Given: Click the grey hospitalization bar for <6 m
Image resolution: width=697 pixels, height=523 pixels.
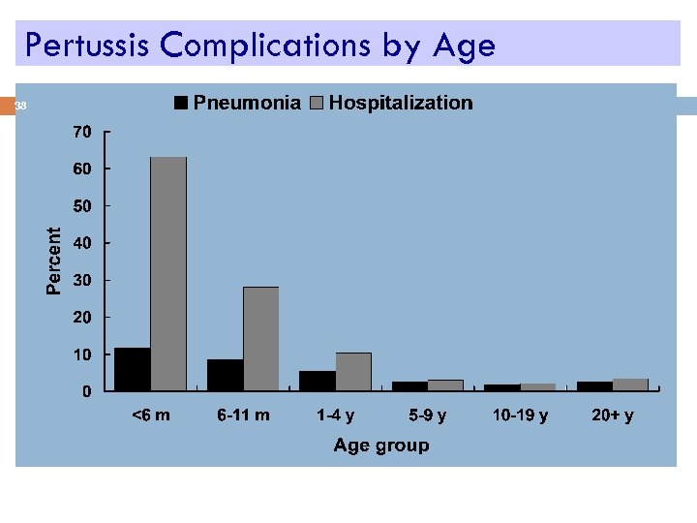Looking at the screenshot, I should [x=168, y=274].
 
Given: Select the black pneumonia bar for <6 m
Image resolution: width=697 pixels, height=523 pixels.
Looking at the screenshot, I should [x=133, y=369].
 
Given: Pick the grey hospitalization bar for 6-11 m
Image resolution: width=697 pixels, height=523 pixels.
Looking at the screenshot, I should [x=261, y=339].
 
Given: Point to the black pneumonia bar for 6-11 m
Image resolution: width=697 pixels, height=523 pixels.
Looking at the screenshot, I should [x=226, y=375].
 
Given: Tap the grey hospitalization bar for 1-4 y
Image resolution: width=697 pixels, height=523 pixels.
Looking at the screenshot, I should [x=353, y=372].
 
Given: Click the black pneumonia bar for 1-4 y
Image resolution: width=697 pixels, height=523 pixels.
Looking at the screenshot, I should [x=318, y=381].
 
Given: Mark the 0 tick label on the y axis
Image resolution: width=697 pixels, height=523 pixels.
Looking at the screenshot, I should [x=86, y=392].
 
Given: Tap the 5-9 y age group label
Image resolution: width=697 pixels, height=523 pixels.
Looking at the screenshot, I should [x=428, y=415].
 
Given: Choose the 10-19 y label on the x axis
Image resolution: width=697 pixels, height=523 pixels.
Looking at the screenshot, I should [x=520, y=415].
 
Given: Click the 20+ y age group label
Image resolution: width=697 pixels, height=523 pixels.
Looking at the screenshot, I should [x=613, y=415].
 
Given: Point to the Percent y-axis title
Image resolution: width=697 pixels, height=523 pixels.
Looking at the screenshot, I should [x=55, y=261].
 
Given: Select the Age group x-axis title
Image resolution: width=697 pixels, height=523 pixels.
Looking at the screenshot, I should [x=381, y=446].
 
